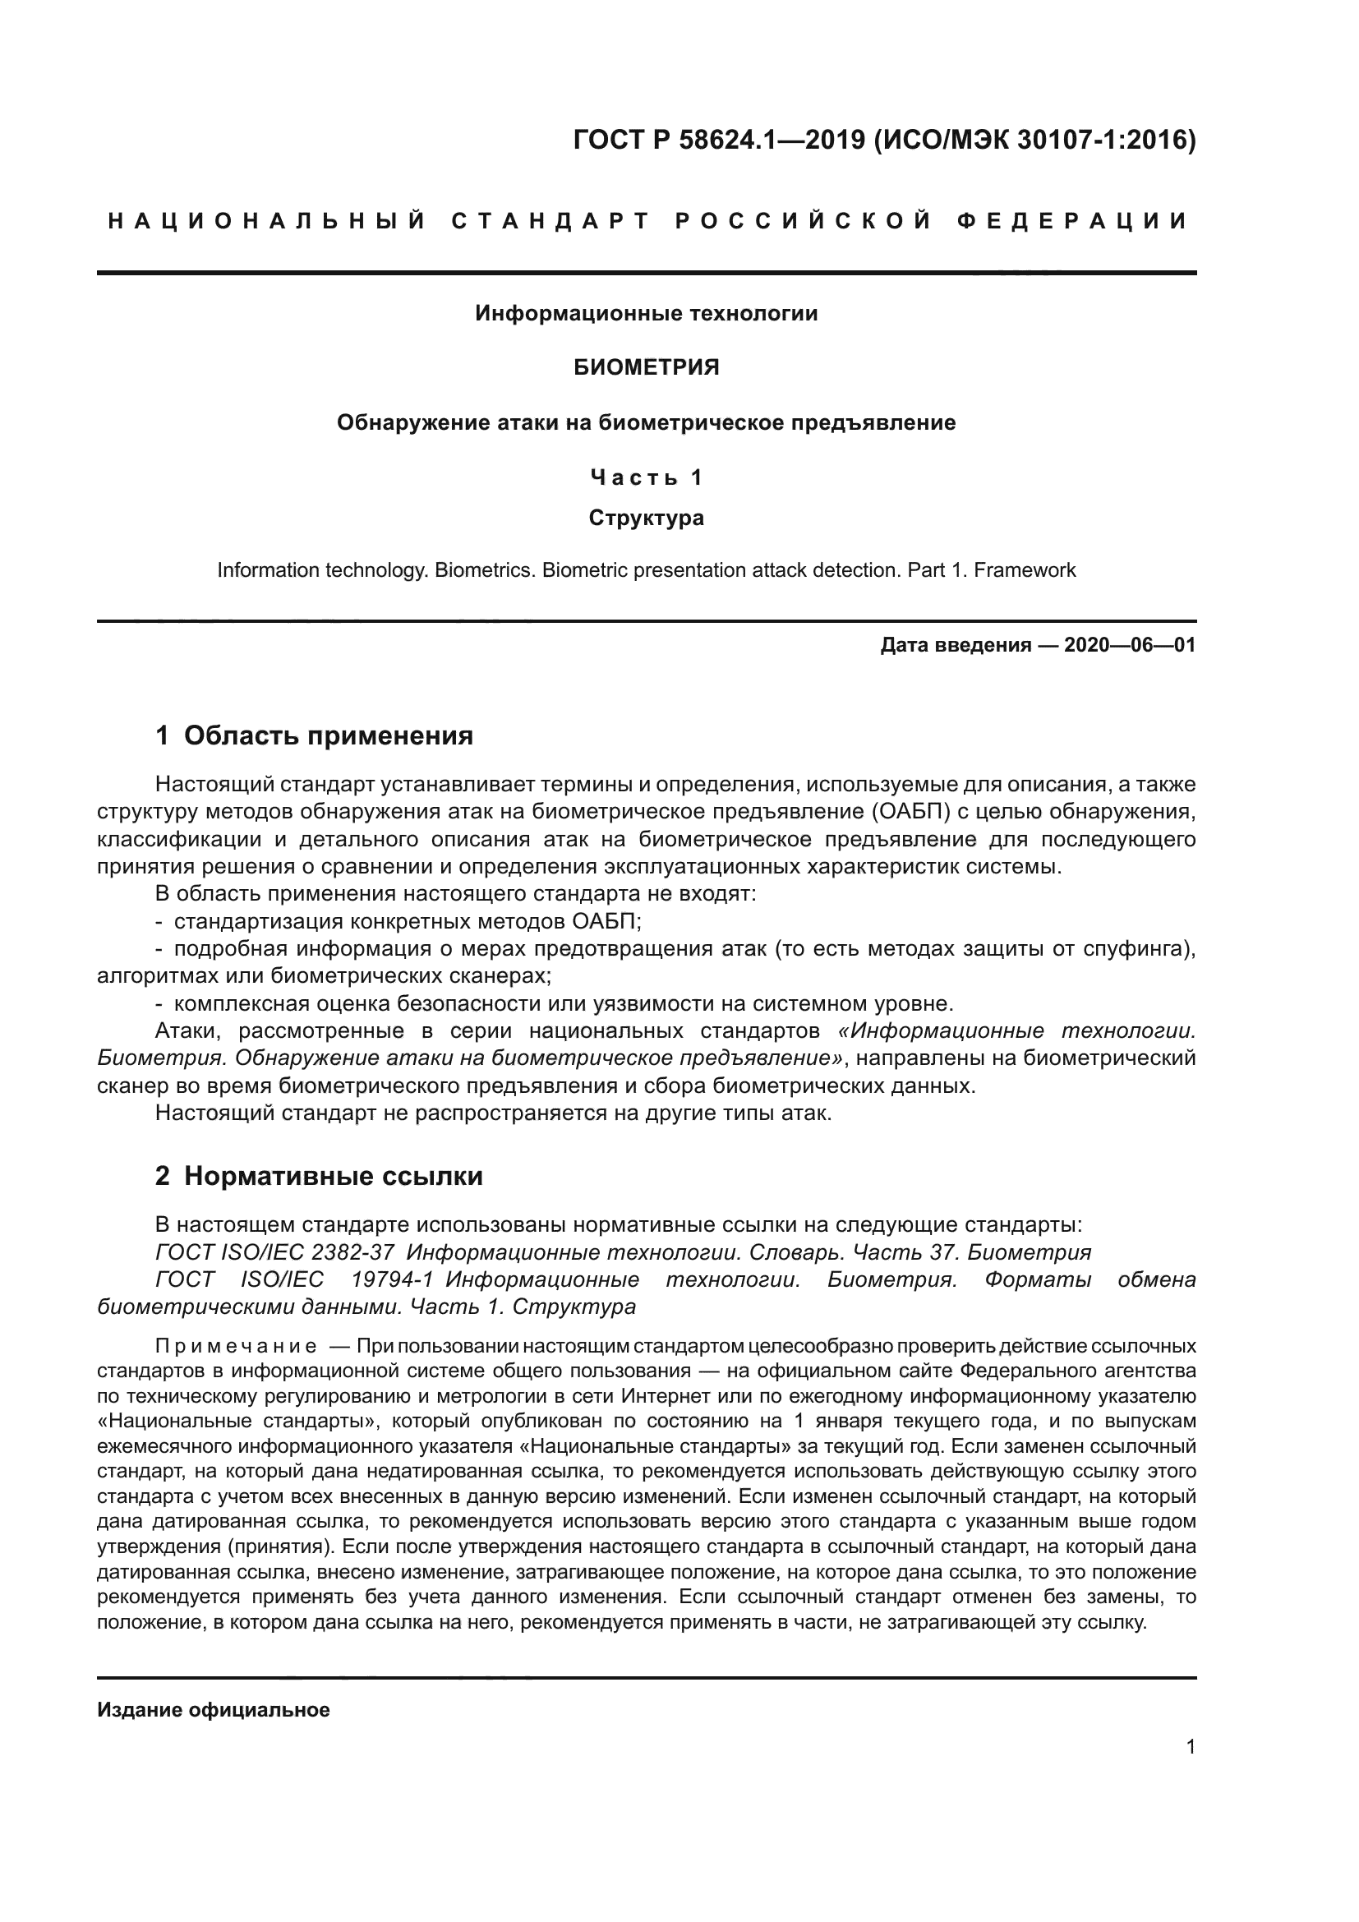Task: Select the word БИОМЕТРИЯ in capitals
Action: point(646,367)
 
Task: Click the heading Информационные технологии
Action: point(646,313)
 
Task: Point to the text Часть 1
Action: point(646,477)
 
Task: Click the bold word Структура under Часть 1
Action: point(646,518)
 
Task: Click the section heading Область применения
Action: point(328,735)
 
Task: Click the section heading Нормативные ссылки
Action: point(333,1176)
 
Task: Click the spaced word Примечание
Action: point(235,1346)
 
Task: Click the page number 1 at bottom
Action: point(1190,1746)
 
